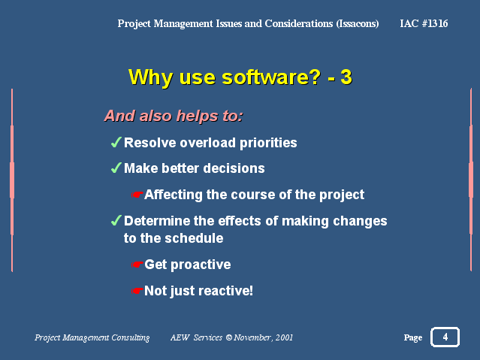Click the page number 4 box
pyautogui.click(x=445, y=337)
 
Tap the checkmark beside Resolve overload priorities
pyautogui.click(x=116, y=143)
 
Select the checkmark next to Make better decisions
pyautogui.click(x=116, y=168)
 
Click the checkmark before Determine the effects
pyautogui.click(x=116, y=221)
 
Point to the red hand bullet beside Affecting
pyautogui.click(x=137, y=195)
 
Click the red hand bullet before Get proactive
pyautogui.click(x=137, y=265)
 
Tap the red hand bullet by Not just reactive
pyautogui.click(x=137, y=291)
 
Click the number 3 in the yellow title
pyautogui.click(x=346, y=77)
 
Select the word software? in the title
pyautogui.click(x=271, y=77)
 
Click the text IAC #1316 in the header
pyautogui.click(x=424, y=23)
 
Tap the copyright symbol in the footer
pyautogui.click(x=229, y=337)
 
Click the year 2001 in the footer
pyautogui.click(x=284, y=337)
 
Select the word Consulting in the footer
pyautogui.click(x=131, y=337)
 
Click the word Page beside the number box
pyautogui.click(x=413, y=337)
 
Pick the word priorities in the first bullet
pyautogui.click(x=268, y=143)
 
